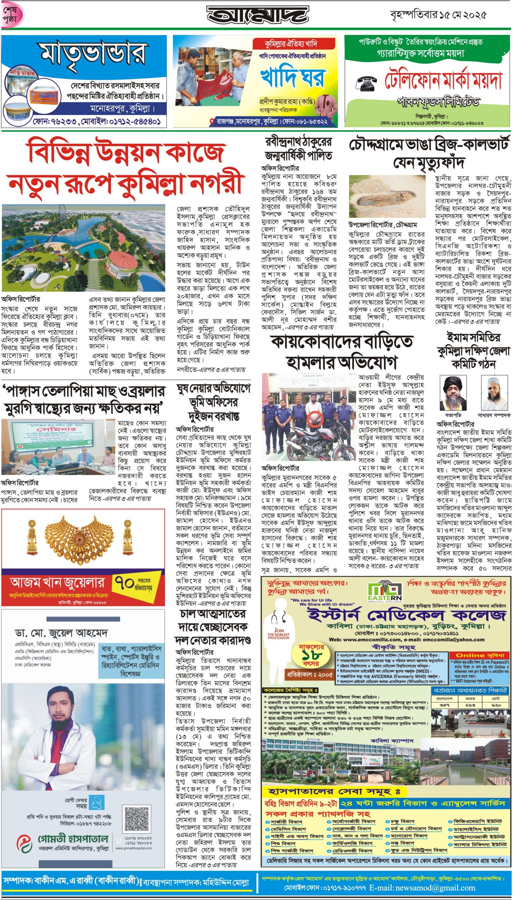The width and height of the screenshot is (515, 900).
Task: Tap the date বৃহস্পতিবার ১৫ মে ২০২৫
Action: click(x=438, y=15)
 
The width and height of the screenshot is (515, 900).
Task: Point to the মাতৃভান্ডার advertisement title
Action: click(x=93, y=54)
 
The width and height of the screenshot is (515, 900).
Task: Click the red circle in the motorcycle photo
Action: click(x=314, y=419)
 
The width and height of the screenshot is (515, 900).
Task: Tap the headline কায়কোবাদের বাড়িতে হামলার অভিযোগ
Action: click(x=342, y=352)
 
